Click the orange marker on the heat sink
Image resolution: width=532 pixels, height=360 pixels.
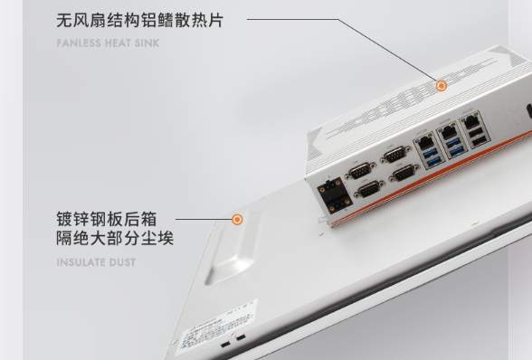[442, 86]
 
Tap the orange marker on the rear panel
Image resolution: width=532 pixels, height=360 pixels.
[237, 219]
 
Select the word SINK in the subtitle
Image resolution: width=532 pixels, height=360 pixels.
[147, 43]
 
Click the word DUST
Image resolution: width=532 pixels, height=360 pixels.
[123, 262]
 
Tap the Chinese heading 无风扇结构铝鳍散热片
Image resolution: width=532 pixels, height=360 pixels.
[139, 20]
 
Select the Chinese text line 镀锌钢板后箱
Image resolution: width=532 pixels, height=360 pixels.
[106, 219]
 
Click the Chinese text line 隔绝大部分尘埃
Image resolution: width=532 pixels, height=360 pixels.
[115, 239]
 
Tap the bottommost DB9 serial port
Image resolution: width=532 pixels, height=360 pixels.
[369, 190]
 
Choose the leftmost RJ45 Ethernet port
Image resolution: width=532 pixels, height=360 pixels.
[423, 141]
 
